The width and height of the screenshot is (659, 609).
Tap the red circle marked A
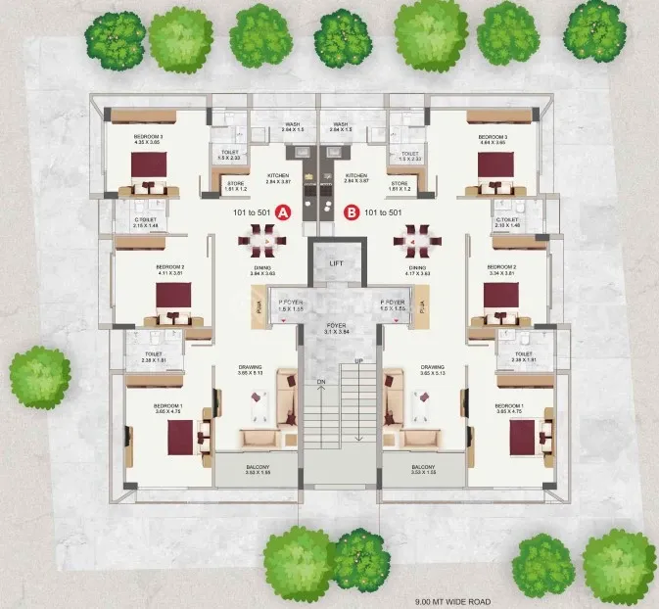coord(283,211)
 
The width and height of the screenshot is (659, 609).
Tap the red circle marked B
coord(352,211)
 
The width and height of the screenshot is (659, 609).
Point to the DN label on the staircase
coord(319,382)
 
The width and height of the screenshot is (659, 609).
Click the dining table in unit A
coord(261,238)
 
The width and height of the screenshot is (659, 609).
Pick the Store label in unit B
coord(399,184)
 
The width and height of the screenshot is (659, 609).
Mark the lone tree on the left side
coord(39,377)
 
